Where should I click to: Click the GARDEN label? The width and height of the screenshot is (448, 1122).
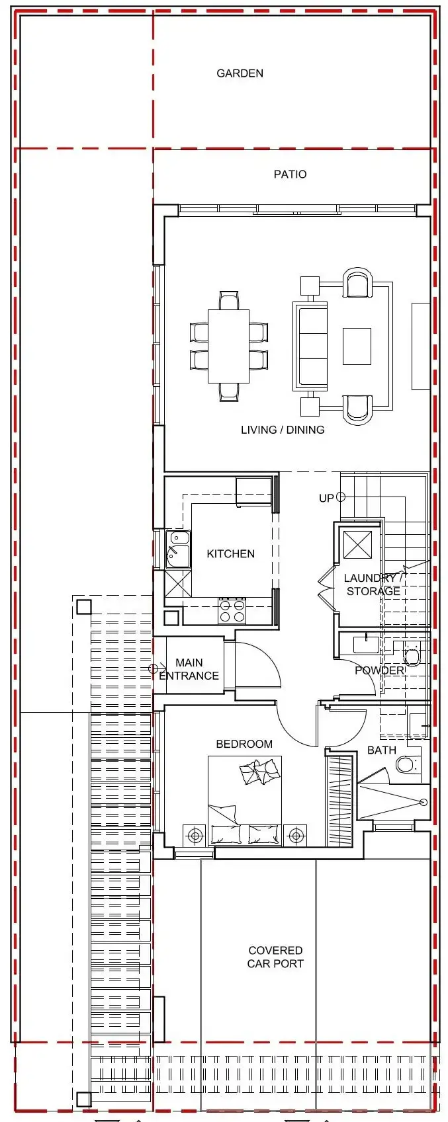[240, 73]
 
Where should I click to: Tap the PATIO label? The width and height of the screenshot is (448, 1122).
[290, 175]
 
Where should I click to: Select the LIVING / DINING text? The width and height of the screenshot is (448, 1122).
[283, 430]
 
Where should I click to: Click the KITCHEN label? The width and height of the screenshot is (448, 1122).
[230, 553]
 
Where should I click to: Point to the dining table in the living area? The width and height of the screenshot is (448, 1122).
[228, 346]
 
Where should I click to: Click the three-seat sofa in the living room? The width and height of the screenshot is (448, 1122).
[310, 345]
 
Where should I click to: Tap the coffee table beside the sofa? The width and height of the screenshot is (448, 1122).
[357, 346]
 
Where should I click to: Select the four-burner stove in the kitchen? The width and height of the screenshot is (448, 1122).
[232, 611]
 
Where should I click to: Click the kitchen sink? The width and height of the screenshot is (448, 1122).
[178, 549]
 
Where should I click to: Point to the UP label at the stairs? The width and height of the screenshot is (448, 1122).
[326, 498]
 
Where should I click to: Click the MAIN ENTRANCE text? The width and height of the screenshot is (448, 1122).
[189, 669]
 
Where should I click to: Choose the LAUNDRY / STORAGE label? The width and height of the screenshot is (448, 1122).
[373, 584]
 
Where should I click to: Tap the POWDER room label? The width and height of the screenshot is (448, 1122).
[379, 670]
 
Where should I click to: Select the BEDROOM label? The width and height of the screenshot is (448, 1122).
[244, 744]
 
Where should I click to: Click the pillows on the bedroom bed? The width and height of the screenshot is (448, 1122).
[259, 772]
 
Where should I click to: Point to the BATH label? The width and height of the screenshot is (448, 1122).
[381, 750]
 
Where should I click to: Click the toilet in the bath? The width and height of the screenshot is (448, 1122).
[406, 764]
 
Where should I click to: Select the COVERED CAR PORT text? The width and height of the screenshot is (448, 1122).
[275, 957]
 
